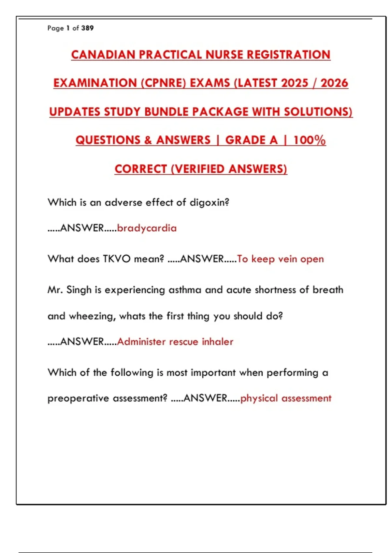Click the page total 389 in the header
point(87,28)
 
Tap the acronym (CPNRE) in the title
point(163,83)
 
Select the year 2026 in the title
point(334,83)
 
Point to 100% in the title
point(309,140)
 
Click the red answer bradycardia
point(147,228)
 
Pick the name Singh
point(79,290)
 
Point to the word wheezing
point(92,316)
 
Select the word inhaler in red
point(217,342)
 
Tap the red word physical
point(259,398)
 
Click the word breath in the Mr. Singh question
point(328,290)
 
